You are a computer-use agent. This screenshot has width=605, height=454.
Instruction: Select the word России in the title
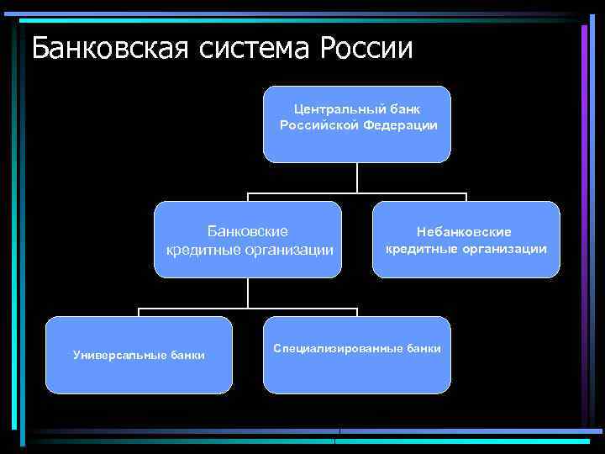pos(366,48)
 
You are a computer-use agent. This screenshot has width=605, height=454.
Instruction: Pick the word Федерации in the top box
pos(402,125)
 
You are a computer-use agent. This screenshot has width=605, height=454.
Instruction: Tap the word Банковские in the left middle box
pos(248,230)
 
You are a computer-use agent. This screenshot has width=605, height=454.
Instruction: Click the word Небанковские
pos(466,231)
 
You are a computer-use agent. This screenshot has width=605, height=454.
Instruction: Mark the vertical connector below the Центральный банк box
pos(357,177)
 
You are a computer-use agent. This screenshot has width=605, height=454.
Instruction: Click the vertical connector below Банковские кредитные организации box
pos(248,293)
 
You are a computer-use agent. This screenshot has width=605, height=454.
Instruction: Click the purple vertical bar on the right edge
pos(584,227)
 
